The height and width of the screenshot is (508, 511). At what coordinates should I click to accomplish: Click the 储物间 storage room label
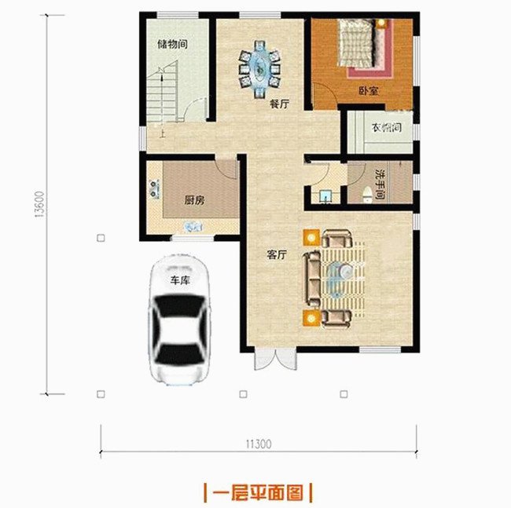click(172, 44)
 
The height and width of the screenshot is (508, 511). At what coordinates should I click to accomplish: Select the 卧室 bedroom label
click(369, 91)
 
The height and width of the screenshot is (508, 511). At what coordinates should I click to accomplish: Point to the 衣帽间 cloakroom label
click(386, 128)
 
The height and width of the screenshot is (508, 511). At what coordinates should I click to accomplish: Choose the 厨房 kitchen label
click(194, 200)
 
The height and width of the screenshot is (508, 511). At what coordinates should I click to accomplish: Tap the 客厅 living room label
click(276, 255)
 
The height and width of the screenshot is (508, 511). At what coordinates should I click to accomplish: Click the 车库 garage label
click(181, 280)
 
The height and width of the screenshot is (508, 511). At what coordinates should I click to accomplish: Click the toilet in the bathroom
click(366, 192)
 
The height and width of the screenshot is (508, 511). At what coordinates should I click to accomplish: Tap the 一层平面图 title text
click(258, 492)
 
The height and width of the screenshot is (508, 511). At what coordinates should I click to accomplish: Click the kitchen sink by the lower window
click(191, 225)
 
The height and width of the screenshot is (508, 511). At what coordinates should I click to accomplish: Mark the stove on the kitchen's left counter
click(150, 188)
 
